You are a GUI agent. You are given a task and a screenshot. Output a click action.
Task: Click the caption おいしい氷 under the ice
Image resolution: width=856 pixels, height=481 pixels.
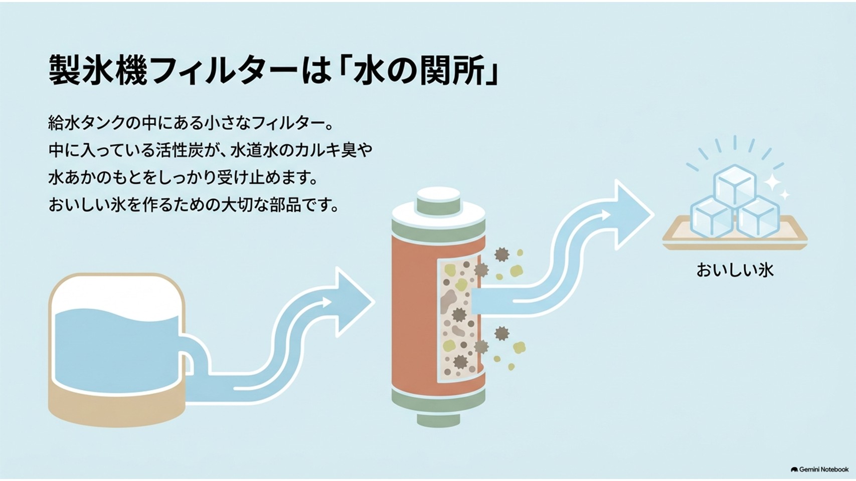735,270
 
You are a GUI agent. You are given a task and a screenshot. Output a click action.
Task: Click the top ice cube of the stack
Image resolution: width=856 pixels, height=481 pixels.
735,185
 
